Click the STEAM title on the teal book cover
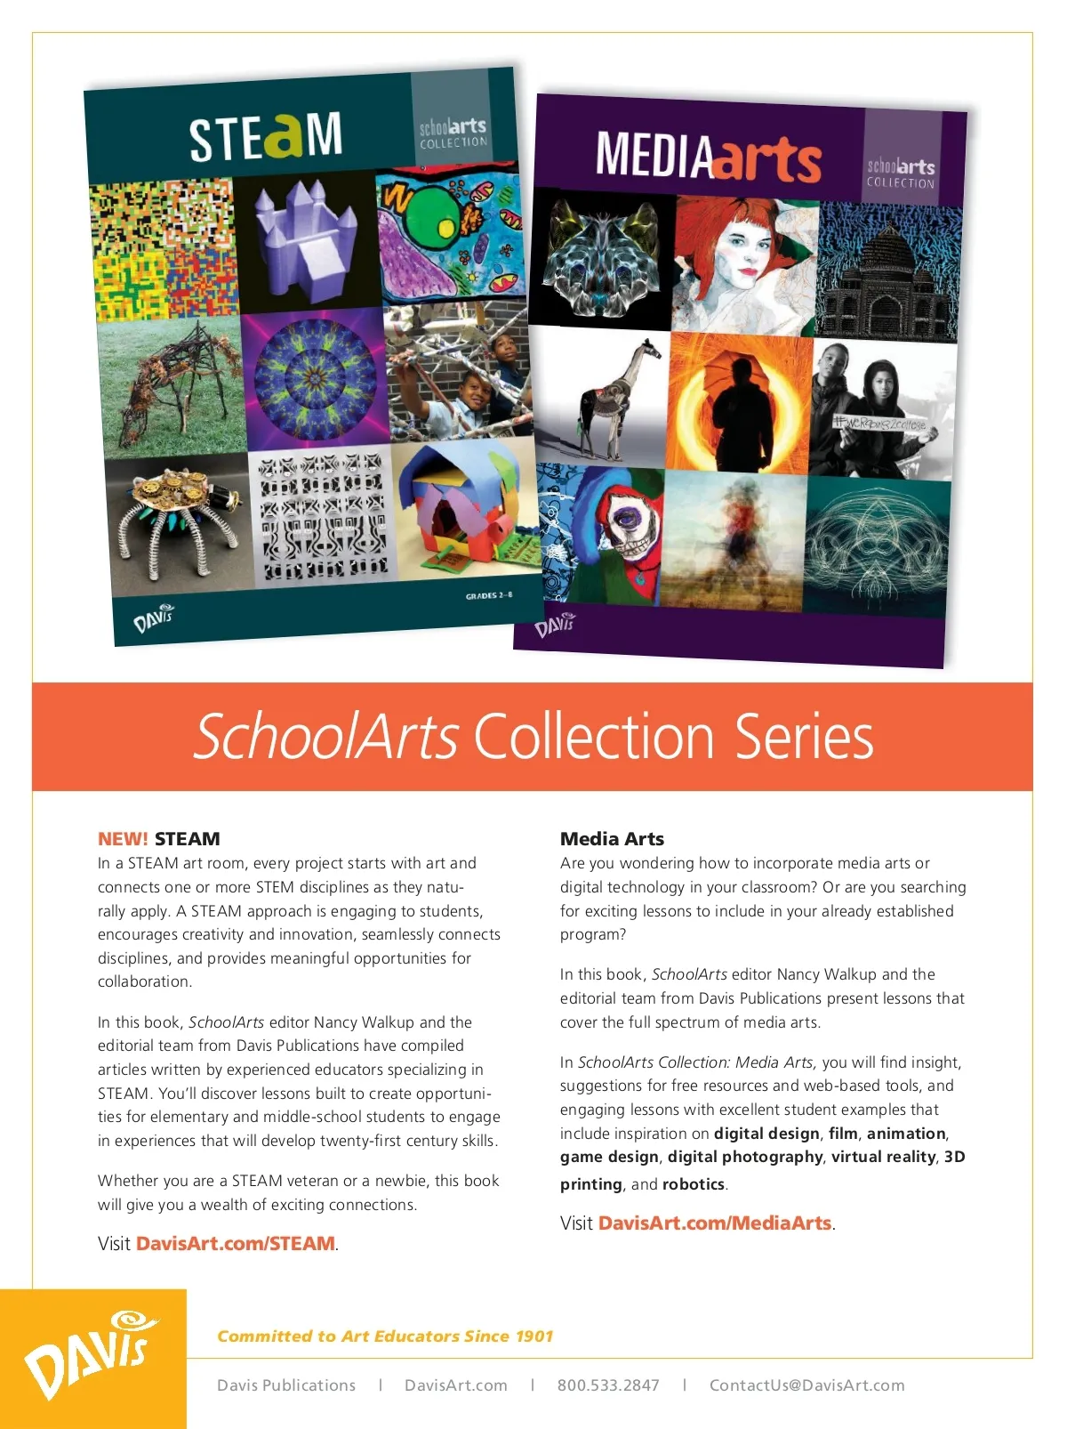(x=265, y=136)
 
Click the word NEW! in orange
(x=123, y=838)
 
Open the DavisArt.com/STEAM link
(x=236, y=1243)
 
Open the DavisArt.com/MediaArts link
(x=715, y=1223)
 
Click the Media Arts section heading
(x=612, y=838)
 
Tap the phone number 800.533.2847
(x=608, y=1385)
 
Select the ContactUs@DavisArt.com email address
(x=806, y=1385)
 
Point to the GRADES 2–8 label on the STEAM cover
(x=488, y=595)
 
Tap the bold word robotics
(x=694, y=1184)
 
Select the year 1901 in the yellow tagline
(x=533, y=1336)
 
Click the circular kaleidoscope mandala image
(x=315, y=377)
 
